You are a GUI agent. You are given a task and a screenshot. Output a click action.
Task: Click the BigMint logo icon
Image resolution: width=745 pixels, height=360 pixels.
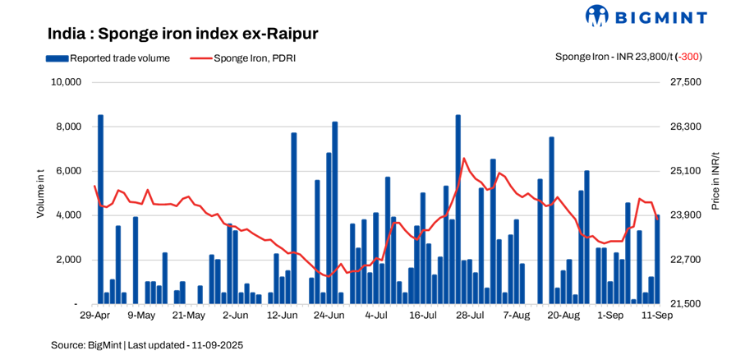[596, 16]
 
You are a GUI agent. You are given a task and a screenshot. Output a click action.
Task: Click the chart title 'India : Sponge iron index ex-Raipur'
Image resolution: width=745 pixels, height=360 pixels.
[182, 35]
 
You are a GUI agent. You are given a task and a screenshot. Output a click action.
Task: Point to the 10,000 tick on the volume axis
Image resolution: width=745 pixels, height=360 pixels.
[66, 82]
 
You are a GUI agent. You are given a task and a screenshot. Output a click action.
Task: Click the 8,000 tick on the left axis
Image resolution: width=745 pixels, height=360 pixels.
[68, 127]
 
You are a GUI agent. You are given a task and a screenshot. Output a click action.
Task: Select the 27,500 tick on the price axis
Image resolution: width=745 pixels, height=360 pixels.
[687, 82]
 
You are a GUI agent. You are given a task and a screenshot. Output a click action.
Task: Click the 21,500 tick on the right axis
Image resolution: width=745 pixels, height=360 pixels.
[687, 304]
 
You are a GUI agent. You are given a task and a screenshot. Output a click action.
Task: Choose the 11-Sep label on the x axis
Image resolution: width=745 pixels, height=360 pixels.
[656, 315]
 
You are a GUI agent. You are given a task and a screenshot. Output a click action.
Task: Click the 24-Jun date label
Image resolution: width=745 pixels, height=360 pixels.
[329, 315]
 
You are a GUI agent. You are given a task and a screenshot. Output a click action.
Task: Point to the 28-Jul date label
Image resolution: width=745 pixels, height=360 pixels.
[469, 315]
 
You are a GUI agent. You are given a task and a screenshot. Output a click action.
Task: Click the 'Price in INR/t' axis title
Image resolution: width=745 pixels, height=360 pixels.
[715, 181]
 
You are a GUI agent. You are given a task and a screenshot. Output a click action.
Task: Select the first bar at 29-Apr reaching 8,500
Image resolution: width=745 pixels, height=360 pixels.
[101, 210]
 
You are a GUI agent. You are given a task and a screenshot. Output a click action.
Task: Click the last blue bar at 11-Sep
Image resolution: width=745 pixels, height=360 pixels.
[657, 259]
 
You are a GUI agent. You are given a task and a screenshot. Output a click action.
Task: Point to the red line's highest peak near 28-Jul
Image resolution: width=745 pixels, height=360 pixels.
[464, 159]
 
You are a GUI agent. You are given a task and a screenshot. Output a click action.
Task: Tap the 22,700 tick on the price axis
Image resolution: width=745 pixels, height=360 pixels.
[687, 260]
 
